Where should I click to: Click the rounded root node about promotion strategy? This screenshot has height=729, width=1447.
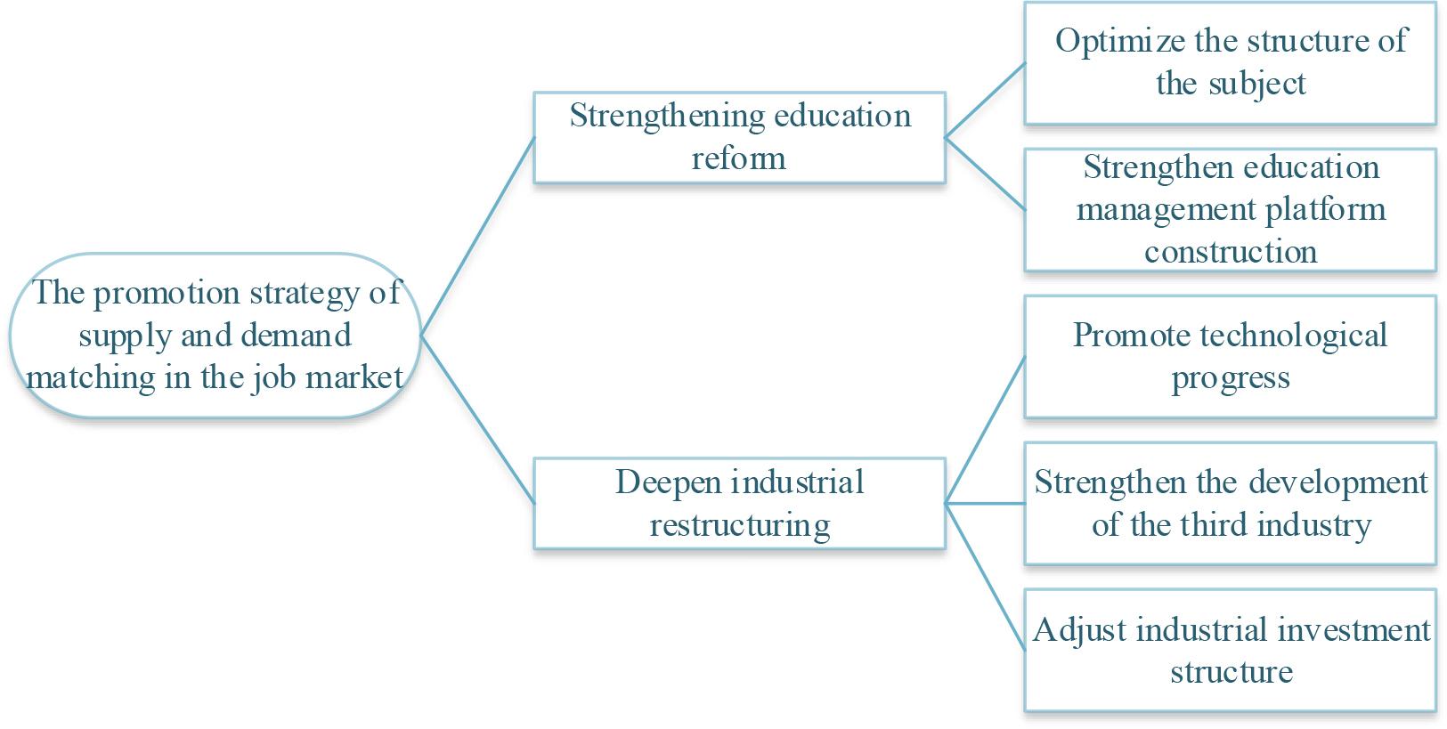point(214,336)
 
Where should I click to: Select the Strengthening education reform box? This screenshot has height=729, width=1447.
point(739,137)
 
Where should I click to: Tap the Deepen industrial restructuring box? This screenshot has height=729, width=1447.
point(739,503)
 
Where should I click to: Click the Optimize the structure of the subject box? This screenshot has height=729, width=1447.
point(1230,62)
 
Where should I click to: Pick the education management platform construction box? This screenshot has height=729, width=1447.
point(1230,209)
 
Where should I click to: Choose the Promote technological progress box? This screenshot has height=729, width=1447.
point(1230,356)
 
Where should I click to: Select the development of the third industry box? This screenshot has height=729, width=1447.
point(1230,503)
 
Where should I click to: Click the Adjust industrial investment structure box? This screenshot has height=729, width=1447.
point(1230,650)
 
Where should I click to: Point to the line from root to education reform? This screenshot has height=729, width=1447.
point(476,237)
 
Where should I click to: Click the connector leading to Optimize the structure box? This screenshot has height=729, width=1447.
point(984,101)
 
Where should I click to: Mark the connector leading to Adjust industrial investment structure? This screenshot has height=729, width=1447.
point(984,575)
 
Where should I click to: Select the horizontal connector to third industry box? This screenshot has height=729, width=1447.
point(984,504)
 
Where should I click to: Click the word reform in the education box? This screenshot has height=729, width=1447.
point(739,158)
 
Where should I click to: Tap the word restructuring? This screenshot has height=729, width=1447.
point(740,525)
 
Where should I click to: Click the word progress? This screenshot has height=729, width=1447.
point(1230,378)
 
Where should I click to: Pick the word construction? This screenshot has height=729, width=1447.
point(1230,252)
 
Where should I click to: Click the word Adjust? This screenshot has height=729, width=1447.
point(1080,630)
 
